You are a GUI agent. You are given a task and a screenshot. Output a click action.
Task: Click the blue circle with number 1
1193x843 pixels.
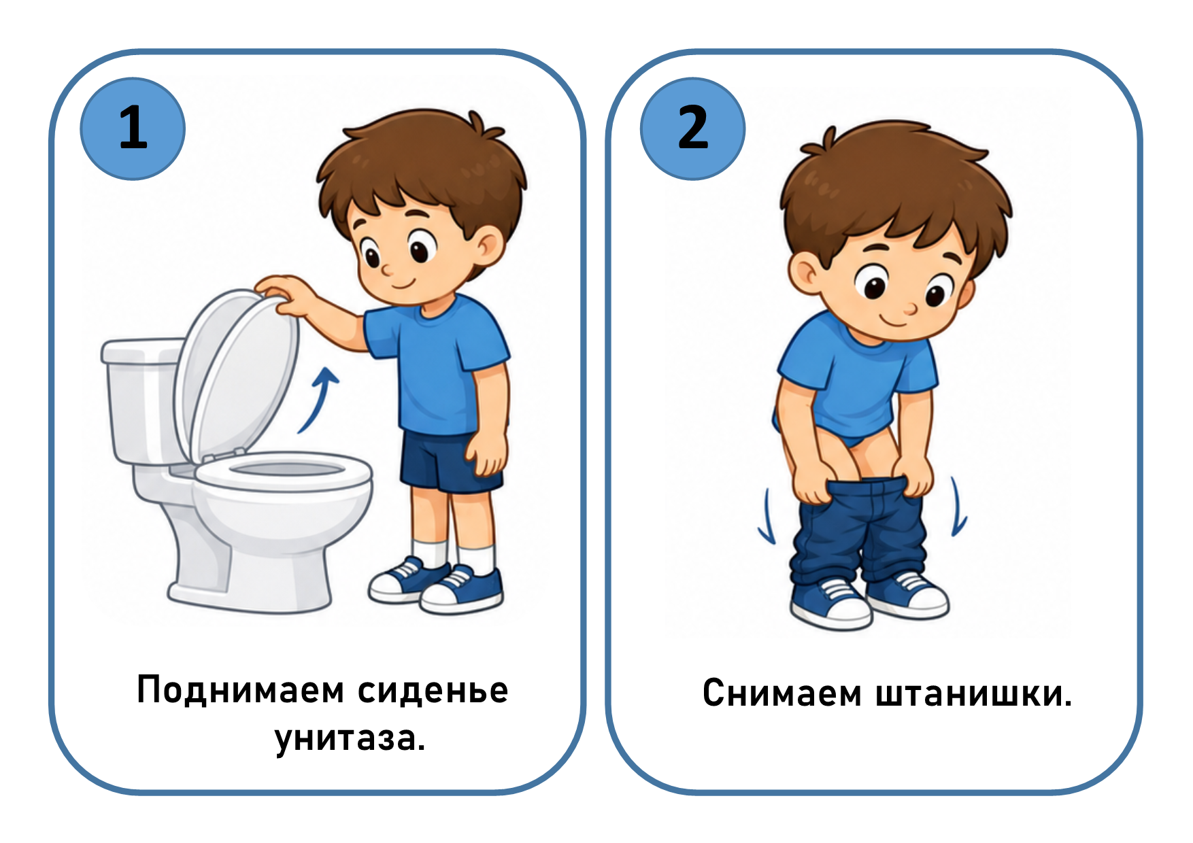point(133,128)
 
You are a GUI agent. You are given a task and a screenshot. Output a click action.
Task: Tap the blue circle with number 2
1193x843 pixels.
point(692,128)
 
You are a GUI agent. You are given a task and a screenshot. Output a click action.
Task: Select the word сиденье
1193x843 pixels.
point(433,691)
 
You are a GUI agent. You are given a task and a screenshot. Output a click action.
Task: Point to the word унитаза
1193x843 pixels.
point(350,738)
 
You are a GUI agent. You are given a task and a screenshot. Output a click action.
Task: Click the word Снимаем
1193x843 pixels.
point(782,693)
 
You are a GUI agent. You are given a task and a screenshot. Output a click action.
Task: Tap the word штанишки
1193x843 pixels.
point(973,693)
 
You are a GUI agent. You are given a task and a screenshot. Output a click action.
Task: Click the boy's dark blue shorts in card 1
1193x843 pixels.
point(449,462)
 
